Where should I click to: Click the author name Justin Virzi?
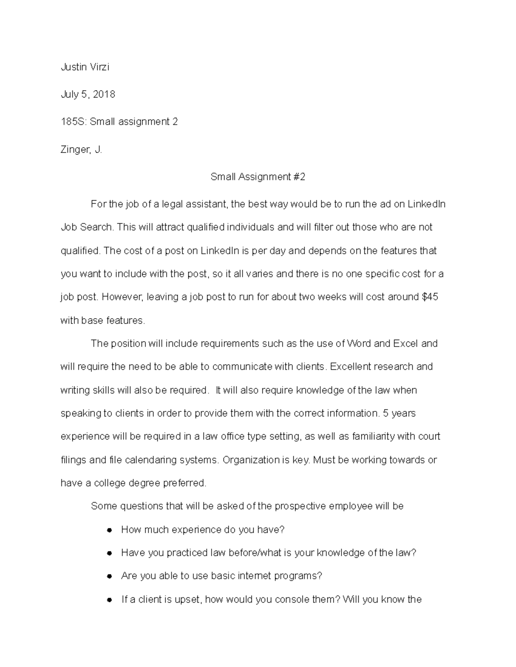tap(85, 67)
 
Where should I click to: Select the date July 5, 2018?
tap(88, 94)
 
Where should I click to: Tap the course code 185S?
tap(74, 122)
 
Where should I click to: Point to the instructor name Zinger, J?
tap(81, 150)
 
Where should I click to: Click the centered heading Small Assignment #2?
tap(258, 177)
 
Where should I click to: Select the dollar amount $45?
tap(430, 297)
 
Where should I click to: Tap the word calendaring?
tap(150, 460)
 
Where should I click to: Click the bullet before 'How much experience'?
tap(110, 530)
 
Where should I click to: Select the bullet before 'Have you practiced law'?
tap(110, 553)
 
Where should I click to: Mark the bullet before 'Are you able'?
tap(110, 576)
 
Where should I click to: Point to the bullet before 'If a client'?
tap(110, 600)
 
